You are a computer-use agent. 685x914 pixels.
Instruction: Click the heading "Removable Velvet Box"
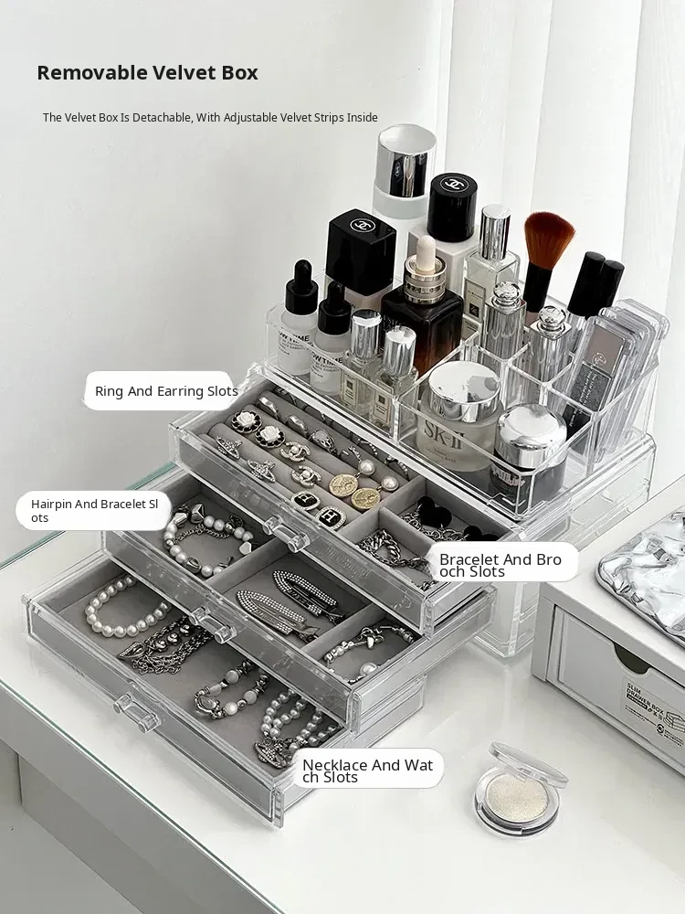point(147,73)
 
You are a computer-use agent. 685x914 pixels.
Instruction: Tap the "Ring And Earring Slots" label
point(166,390)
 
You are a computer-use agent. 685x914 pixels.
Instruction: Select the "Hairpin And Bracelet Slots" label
point(94,511)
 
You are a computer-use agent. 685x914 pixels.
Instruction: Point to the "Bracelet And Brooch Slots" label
point(501,566)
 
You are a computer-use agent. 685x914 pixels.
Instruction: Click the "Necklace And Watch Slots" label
point(368,771)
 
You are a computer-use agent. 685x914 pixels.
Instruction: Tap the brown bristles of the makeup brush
point(548,238)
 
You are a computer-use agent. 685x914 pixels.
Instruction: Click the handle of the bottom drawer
point(136,712)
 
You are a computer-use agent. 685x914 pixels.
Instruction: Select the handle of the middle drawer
point(214,622)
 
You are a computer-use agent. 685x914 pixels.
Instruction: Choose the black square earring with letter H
point(331,515)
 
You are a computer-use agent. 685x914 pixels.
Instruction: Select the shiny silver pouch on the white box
point(644,574)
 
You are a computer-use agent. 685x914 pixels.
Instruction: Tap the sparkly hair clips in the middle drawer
point(285,600)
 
